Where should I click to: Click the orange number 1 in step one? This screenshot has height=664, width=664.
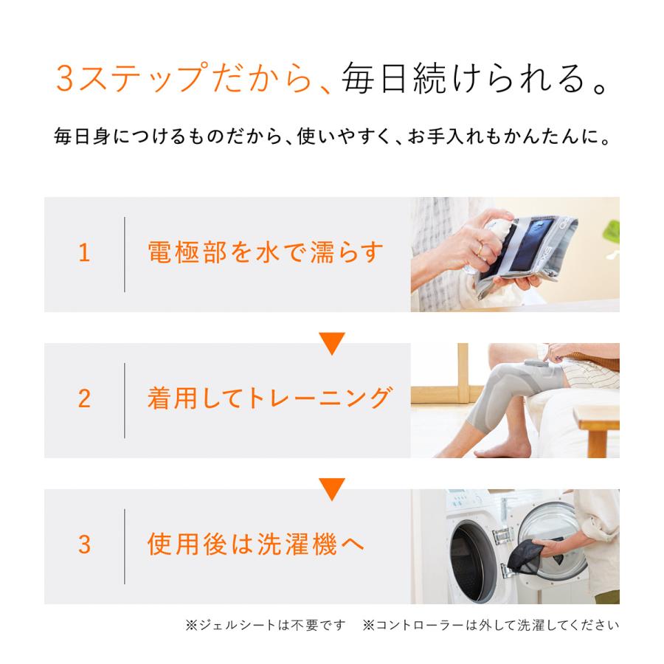click(x=84, y=254)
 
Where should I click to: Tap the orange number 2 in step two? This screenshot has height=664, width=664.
click(x=84, y=399)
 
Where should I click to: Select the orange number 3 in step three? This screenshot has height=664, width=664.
click(x=84, y=545)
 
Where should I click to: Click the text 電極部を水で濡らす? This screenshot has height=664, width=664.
click(x=266, y=253)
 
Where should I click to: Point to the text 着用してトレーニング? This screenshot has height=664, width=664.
click(x=269, y=399)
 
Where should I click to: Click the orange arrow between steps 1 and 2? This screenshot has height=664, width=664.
click(x=331, y=343)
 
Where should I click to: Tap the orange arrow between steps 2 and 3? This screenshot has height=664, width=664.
click(x=331, y=488)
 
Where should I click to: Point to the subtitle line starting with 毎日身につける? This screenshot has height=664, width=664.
click(x=331, y=136)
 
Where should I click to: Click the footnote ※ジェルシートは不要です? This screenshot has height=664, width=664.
click(x=266, y=626)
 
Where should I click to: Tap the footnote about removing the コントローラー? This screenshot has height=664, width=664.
click(x=491, y=626)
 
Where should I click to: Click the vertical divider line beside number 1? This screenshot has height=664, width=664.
click(x=124, y=254)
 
